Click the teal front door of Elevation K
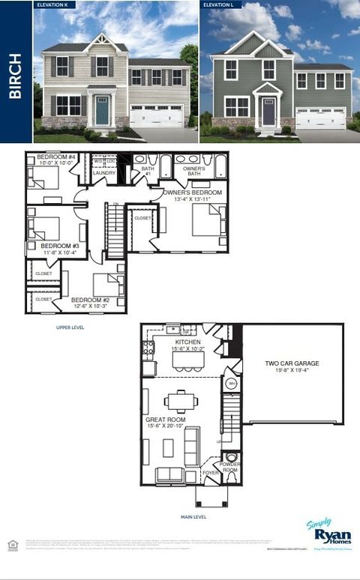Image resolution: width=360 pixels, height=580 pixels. (102, 111)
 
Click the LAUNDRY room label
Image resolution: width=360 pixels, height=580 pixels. (104, 173)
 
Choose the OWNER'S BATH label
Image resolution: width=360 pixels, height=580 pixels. (194, 172)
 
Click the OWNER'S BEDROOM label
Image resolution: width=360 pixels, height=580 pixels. (193, 193)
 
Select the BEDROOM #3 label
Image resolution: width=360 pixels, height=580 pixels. (59, 245)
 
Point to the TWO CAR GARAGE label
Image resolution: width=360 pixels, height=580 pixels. (292, 364)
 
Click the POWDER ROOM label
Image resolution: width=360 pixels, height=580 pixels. (231, 468)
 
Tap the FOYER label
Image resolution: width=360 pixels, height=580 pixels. (209, 474)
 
